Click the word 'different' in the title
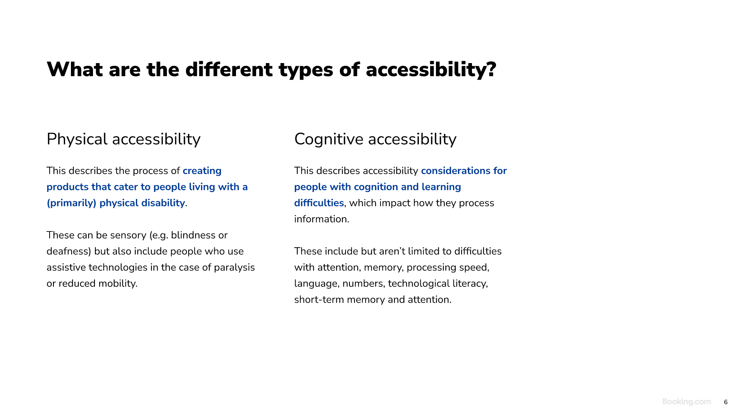coord(229,70)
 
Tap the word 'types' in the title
coord(306,70)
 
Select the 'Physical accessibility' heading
coord(124,139)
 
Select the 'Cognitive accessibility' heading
coord(375,139)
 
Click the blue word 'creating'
coord(202,171)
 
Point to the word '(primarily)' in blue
coord(71,203)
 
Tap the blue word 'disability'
coord(163,203)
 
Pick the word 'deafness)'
coord(69,252)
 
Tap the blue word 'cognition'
coord(376,187)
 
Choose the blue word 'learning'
coord(441,187)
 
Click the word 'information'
coord(321,219)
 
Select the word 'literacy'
coord(469,284)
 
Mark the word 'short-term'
coord(319,300)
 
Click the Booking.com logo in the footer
coord(686,402)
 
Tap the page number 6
coord(726,402)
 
